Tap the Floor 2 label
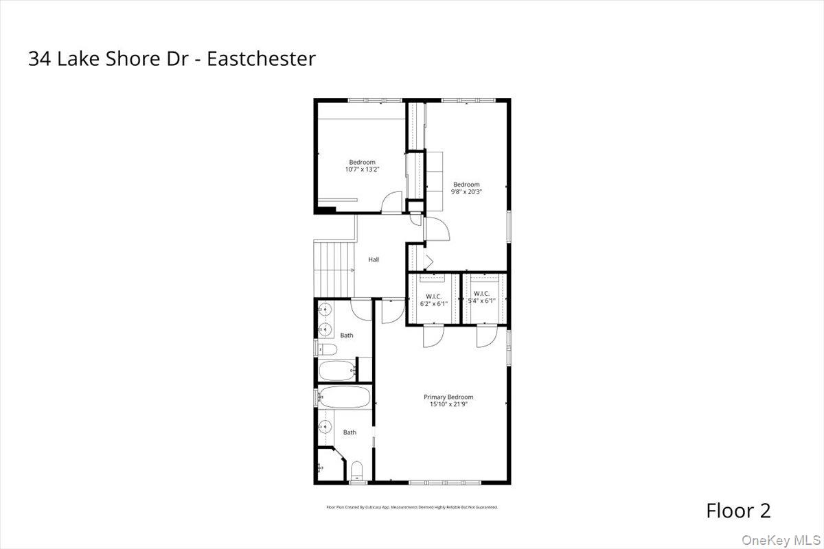click(x=738, y=511)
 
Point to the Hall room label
click(x=374, y=259)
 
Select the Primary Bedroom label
click(x=448, y=397)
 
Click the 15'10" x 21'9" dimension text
click(x=448, y=404)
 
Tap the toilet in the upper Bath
click(x=328, y=350)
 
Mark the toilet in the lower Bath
click(x=356, y=471)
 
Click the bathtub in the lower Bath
click(x=345, y=397)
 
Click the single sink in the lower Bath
click(x=323, y=427)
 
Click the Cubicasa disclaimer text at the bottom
click(x=411, y=507)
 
